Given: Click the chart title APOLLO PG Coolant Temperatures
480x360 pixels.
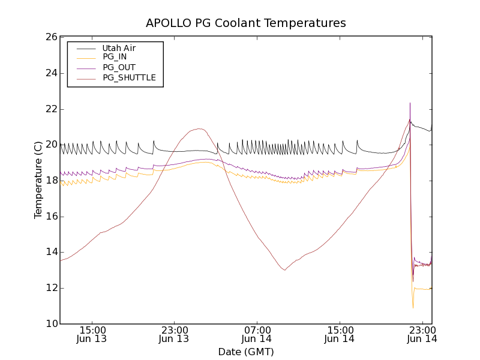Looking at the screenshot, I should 246,23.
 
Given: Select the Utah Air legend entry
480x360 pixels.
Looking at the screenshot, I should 119,48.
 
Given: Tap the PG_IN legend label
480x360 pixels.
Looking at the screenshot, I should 115,57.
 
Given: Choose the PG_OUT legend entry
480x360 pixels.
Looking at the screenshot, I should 119,67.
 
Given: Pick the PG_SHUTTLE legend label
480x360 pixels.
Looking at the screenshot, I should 129,77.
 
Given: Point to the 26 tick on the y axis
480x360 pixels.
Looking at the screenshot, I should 50,37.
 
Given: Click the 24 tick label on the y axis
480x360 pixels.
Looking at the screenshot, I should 50,73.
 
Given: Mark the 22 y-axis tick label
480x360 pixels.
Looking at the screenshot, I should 50,109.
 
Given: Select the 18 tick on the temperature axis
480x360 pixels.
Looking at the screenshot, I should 50,181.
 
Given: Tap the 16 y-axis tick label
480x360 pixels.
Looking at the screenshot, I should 50,217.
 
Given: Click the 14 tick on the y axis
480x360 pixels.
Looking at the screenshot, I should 50,252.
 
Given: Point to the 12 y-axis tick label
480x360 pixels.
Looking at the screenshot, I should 50,288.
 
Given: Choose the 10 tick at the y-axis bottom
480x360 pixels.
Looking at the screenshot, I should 50,324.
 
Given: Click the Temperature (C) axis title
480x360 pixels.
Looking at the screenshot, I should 38,180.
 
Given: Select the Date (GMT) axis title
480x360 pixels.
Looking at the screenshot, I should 246,352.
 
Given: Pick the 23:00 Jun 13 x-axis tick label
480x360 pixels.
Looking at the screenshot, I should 174,334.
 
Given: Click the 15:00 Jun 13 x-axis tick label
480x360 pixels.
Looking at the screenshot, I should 92,334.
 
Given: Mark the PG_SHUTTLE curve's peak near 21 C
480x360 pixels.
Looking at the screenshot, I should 198,128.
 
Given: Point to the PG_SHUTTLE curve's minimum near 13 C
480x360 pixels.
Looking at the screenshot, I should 284,270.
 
